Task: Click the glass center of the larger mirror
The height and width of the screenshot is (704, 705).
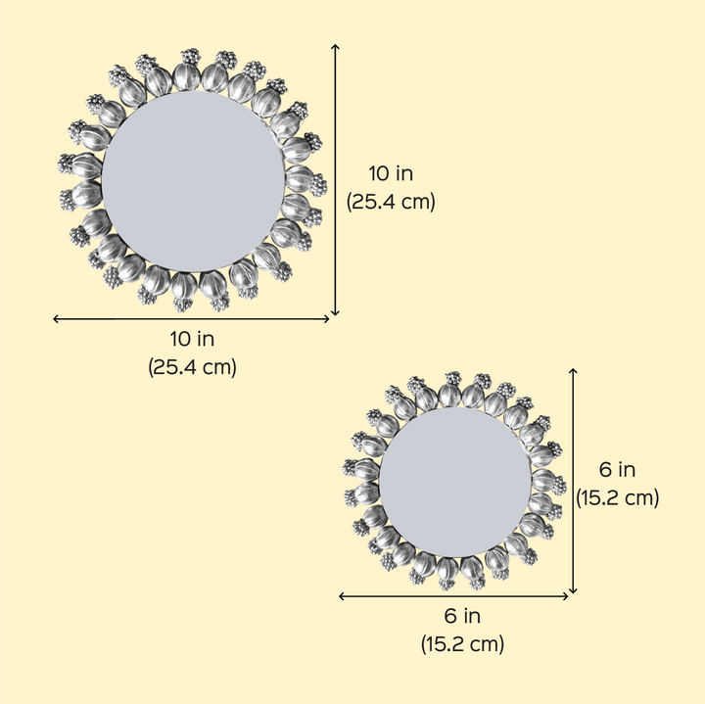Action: click(x=193, y=181)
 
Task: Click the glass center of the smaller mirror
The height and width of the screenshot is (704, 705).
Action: click(x=455, y=482)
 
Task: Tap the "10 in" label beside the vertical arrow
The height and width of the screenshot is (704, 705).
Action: click(x=391, y=173)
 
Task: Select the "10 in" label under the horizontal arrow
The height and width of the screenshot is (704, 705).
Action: click(x=192, y=339)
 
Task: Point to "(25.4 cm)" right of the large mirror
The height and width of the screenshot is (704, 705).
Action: click(x=391, y=202)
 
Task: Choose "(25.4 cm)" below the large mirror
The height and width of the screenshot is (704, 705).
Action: click(x=192, y=367)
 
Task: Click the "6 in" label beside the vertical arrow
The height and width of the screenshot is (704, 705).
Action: click(x=617, y=470)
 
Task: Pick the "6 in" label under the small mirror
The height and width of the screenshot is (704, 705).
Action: click(x=462, y=616)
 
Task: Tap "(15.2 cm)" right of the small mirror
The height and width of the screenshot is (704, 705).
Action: click(x=617, y=497)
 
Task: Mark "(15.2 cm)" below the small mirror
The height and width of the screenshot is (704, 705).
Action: click(x=462, y=643)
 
